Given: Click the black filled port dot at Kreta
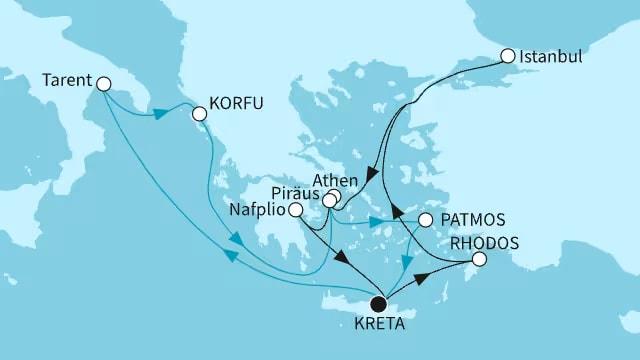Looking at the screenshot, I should (378, 304).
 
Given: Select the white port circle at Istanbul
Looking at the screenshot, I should (508, 56).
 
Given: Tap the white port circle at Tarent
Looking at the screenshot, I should (104, 87).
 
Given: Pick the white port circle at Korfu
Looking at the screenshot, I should (199, 114).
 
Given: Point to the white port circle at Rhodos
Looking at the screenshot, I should (478, 260).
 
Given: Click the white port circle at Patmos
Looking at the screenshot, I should (425, 219).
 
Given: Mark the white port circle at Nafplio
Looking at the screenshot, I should (296, 210).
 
